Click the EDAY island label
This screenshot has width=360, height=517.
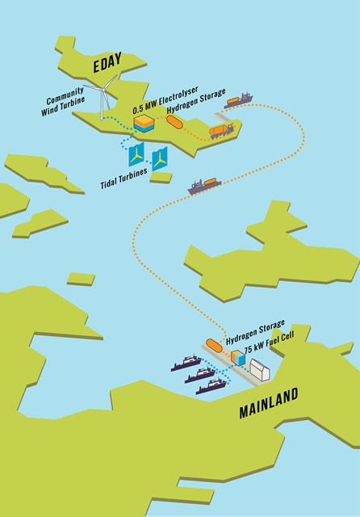point(107,62)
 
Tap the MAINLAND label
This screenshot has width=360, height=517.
point(269,403)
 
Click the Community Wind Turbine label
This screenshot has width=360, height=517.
point(63,102)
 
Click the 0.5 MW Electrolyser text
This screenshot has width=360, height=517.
point(165,100)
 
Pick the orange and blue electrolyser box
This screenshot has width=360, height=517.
point(144,124)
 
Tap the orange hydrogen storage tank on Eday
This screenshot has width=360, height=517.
point(174,122)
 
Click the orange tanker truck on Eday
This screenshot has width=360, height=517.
point(221,131)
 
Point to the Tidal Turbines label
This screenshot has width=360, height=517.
point(123,179)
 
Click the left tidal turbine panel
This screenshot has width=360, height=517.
point(136,154)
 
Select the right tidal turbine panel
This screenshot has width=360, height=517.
point(160,159)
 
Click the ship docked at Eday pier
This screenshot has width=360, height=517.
point(238,100)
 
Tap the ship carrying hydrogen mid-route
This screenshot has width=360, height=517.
point(204,185)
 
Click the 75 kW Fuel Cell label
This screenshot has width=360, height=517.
point(269,343)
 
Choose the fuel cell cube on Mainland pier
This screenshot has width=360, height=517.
point(238,358)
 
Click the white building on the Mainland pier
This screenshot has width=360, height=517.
point(260,370)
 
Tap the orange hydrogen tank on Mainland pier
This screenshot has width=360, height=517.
point(214,346)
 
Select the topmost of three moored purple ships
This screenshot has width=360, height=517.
point(186,363)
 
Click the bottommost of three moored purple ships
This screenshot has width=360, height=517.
point(211,386)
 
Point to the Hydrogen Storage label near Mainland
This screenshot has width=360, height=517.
point(255,332)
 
